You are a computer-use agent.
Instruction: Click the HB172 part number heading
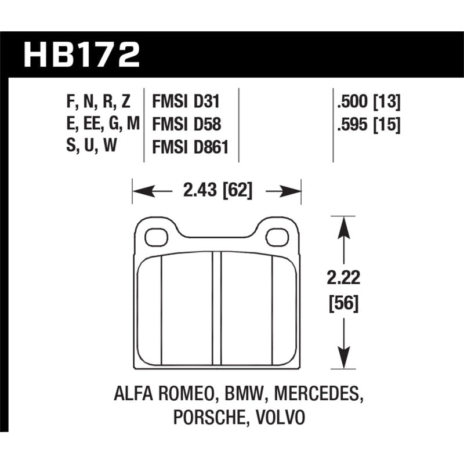click(x=81, y=55)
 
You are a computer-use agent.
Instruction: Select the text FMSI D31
click(x=186, y=103)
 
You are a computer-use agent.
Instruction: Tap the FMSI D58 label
click(x=186, y=125)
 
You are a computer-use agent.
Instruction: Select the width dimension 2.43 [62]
click(x=217, y=190)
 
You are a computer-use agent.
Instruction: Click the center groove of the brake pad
click(x=217, y=310)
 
